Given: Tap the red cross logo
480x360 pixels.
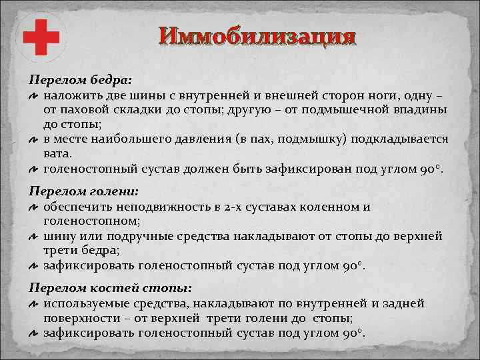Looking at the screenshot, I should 42,37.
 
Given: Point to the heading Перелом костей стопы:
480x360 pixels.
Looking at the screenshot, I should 110,288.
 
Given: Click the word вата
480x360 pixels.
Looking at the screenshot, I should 56,153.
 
